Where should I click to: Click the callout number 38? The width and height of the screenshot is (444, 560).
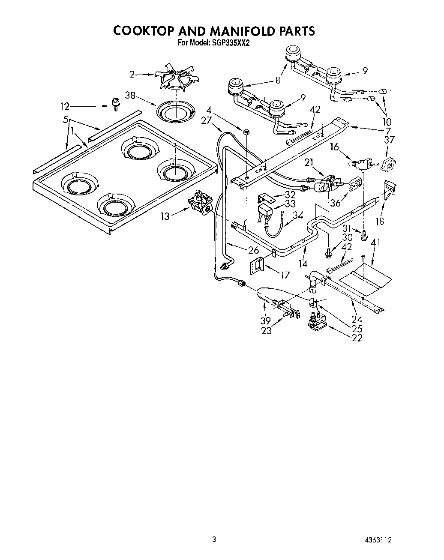tap(131, 96)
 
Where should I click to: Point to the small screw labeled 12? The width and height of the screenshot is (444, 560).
tap(115, 103)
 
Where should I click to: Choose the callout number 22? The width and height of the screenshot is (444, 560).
tap(357, 338)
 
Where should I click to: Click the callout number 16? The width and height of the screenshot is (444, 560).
tap(334, 147)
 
